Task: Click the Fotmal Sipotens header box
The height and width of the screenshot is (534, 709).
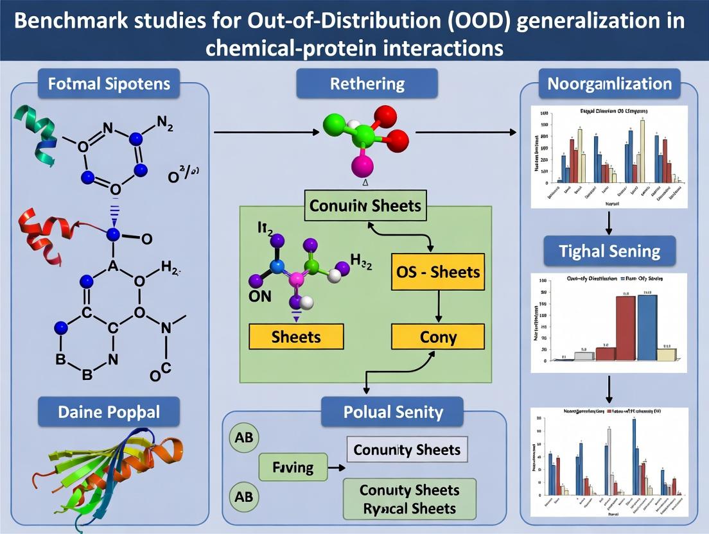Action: point(108,84)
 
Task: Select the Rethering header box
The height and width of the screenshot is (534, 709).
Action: point(367,83)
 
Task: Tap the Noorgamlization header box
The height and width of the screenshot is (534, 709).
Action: point(609,84)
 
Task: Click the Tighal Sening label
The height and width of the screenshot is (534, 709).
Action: point(609,250)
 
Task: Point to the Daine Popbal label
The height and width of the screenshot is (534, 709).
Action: point(108,412)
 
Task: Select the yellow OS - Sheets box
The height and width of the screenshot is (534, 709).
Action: point(437,271)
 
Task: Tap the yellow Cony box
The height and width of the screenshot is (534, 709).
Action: point(437,336)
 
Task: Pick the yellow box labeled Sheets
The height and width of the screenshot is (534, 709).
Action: point(296,336)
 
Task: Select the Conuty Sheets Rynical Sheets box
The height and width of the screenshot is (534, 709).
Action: point(409,499)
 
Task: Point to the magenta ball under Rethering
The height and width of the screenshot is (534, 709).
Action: point(363,167)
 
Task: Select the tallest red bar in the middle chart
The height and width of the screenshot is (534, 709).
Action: point(626,327)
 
